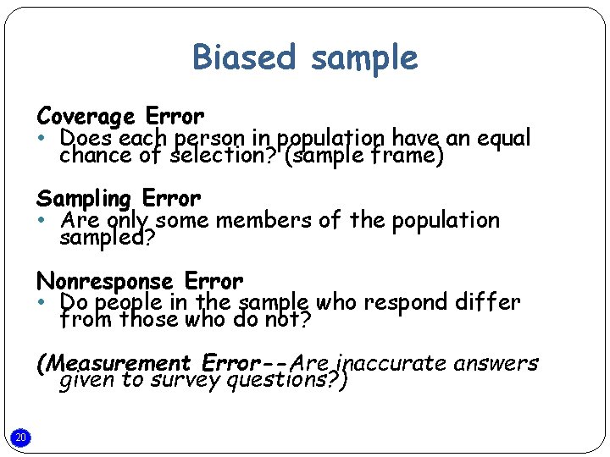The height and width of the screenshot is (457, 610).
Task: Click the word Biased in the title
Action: (247, 58)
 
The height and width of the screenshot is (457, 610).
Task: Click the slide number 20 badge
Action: (22, 438)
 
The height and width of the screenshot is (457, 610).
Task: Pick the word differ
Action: (490, 302)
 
